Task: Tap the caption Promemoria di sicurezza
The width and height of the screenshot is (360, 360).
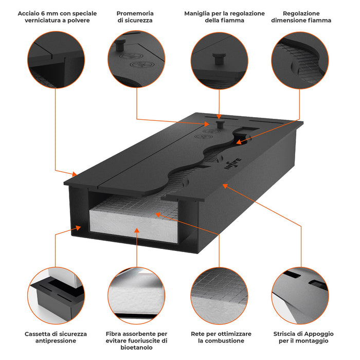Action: click(135, 17)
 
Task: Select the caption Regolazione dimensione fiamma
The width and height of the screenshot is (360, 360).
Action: click(301, 17)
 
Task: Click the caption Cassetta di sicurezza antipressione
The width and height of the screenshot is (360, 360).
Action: click(56, 337)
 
